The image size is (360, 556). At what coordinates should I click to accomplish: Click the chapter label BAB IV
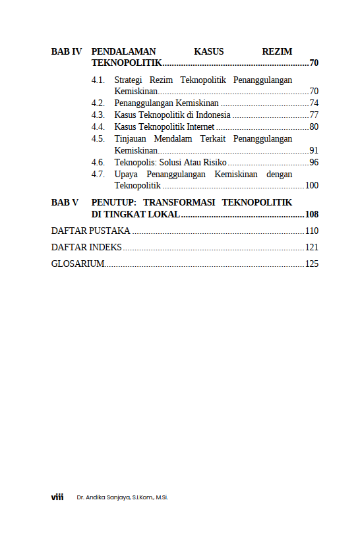click(67, 51)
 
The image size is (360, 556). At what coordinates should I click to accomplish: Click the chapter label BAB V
click(65, 202)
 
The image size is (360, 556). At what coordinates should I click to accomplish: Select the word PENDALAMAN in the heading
click(123, 51)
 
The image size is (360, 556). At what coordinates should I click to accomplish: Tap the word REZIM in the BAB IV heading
click(277, 51)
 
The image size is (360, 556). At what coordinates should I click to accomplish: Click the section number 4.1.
click(98, 80)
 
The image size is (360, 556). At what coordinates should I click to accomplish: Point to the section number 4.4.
click(98, 126)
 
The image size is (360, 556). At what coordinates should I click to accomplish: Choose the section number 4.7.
click(98, 174)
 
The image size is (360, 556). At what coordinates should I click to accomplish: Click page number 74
click(314, 103)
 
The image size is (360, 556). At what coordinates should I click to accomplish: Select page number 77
click(314, 115)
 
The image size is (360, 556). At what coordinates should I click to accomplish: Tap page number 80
click(314, 126)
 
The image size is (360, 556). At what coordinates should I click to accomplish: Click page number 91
click(314, 150)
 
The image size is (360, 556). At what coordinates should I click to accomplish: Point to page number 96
click(314, 162)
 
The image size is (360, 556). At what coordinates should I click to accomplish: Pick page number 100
click(312, 186)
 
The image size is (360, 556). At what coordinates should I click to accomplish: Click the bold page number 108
click(312, 215)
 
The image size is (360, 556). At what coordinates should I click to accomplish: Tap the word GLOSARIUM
click(78, 264)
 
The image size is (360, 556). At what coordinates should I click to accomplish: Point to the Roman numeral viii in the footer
click(57, 497)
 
